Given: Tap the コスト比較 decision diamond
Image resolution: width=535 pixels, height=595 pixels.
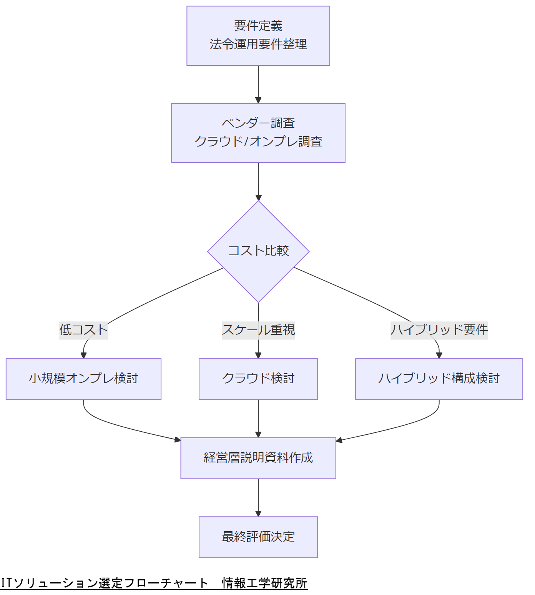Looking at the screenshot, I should [x=258, y=251].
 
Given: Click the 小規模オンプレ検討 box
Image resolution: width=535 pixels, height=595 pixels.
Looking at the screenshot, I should [x=83, y=379].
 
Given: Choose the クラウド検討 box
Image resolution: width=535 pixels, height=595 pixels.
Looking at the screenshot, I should [x=258, y=379].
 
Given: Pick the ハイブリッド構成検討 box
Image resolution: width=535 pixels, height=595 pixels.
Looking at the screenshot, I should [x=439, y=379].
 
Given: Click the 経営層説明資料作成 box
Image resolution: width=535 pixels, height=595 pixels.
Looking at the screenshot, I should [x=258, y=458].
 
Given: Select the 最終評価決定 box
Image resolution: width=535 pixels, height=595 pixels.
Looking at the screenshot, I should [x=258, y=537].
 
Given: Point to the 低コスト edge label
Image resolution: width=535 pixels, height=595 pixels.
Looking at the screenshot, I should [x=83, y=330].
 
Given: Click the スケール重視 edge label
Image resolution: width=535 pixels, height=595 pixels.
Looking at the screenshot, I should [x=258, y=330].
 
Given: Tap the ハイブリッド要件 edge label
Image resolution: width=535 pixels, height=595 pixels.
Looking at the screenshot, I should [x=439, y=330].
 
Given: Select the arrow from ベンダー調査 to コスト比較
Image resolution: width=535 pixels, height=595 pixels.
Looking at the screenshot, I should [x=258, y=181].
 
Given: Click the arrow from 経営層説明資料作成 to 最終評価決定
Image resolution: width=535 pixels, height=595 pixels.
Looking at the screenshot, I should [x=258, y=497].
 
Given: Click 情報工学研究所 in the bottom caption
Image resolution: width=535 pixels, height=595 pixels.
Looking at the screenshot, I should [x=264, y=583].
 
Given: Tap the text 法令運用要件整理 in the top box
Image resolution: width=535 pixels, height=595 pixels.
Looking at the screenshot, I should [x=258, y=45].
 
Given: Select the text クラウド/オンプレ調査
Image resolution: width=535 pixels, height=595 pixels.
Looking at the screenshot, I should [x=258, y=142].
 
